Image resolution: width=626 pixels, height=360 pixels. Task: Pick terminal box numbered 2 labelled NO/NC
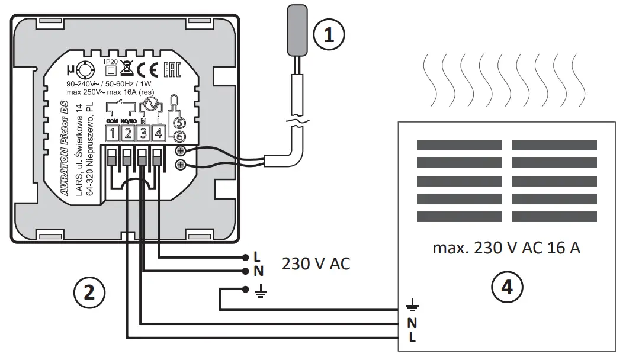pos(127,134)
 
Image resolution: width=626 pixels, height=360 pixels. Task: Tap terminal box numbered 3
pos(143,134)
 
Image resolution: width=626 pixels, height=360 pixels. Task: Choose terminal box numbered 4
pos(158,134)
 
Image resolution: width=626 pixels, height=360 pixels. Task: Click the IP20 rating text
pos(110,62)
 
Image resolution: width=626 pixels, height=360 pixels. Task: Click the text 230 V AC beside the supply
pos(316,264)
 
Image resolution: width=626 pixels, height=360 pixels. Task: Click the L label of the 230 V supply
pos(256,258)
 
